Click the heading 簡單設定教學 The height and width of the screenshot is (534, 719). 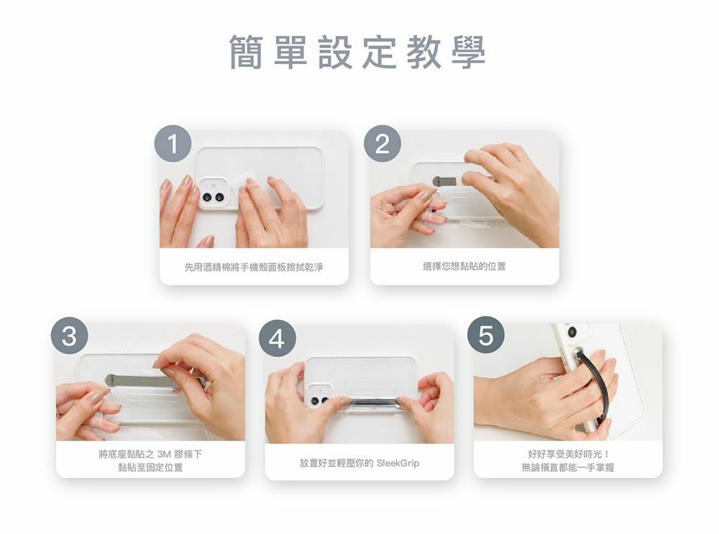[357, 52]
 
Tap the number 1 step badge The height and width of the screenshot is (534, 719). [173, 143]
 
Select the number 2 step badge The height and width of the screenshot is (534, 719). [383, 143]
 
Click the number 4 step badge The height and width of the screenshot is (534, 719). [278, 338]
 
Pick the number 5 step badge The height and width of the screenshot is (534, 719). [486, 335]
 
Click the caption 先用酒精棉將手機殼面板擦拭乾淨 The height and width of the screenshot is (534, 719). [254, 267]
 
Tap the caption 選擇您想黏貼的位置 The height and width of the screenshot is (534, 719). [464, 266]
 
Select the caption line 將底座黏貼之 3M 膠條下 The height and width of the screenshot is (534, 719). [150, 454]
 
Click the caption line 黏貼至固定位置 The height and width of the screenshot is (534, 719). [150, 467]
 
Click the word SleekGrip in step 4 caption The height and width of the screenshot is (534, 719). [398, 463]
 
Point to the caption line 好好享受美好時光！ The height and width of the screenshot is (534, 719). [568, 454]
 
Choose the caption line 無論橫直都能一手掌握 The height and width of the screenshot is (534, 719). [568, 467]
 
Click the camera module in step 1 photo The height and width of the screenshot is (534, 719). [214, 194]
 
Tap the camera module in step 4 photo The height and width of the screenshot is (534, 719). [319, 396]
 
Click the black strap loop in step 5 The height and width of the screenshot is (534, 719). [595, 385]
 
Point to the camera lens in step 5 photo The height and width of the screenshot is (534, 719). [572, 332]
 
